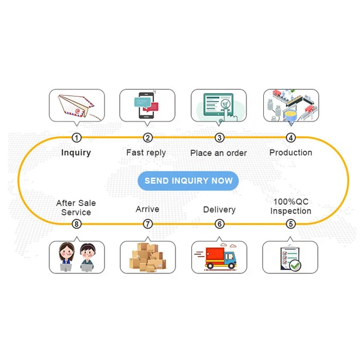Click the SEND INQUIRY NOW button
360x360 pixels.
pyautogui.click(x=188, y=181)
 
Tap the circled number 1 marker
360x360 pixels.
pyautogui.click(x=76, y=137)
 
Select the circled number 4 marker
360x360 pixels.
pyautogui.click(x=291, y=137)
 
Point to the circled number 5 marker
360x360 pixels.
pyautogui.click(x=291, y=224)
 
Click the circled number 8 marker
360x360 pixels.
pyautogui.click(x=76, y=224)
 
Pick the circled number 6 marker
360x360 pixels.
pyautogui.click(x=219, y=224)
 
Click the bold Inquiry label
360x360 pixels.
pyautogui.click(x=76, y=152)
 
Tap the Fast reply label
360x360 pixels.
pyautogui.click(x=146, y=152)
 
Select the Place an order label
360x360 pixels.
pyautogui.click(x=218, y=153)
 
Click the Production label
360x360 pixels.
pyautogui.click(x=291, y=152)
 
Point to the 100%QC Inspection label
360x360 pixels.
pyautogui.click(x=290, y=206)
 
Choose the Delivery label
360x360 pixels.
pyautogui.click(x=219, y=209)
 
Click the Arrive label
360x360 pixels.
pyautogui.click(x=147, y=209)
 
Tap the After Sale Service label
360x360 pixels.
pyautogui.click(x=76, y=208)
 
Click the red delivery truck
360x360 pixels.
pyautogui.click(x=220, y=258)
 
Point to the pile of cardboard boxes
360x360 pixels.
pyautogui.click(x=147, y=258)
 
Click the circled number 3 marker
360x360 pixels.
pyautogui.click(x=219, y=137)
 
